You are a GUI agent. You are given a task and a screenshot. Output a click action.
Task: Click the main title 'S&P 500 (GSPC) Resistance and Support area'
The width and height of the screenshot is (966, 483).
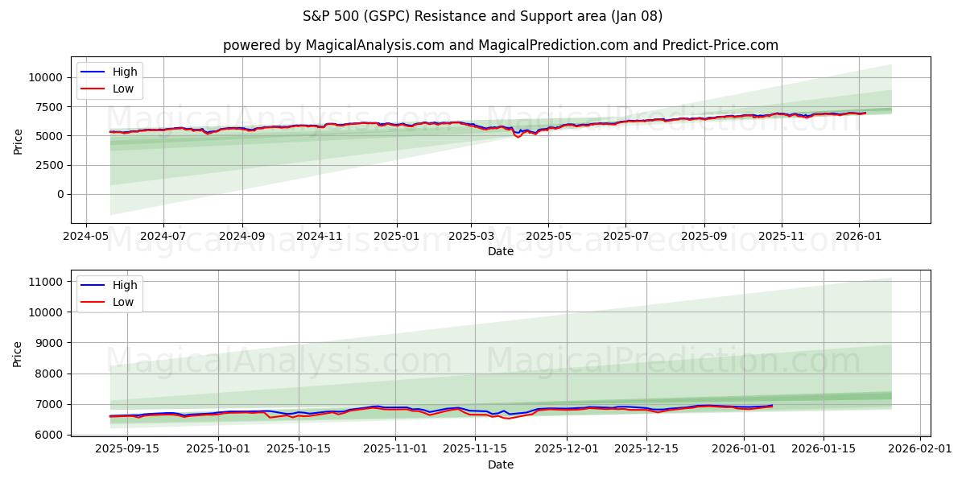[x=483, y=16]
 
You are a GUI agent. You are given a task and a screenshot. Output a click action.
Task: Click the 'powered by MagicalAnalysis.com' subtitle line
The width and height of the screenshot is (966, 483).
[x=500, y=45]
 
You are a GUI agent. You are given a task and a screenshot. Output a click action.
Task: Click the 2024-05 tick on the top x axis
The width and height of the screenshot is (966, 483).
[x=86, y=237]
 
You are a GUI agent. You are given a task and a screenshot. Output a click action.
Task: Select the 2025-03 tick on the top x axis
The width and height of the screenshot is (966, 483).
[x=472, y=237]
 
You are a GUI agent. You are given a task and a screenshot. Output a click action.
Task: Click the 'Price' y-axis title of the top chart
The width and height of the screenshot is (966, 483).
[x=19, y=140]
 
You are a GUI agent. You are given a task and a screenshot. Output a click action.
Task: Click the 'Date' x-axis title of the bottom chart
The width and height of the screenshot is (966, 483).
[x=500, y=464]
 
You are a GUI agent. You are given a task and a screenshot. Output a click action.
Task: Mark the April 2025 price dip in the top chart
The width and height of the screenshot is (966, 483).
[x=518, y=136]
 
